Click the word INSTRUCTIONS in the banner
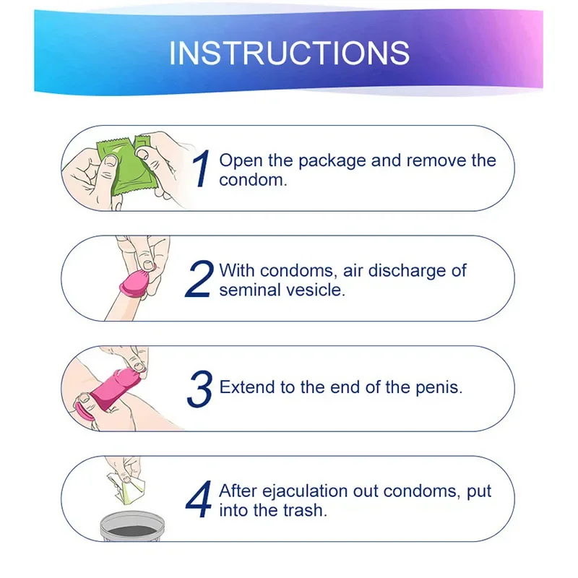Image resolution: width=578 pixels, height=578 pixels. click(290, 53)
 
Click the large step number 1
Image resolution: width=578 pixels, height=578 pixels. click(202, 168)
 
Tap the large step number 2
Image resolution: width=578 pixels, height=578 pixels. click(199, 279)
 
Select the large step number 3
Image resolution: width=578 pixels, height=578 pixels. click(200, 389)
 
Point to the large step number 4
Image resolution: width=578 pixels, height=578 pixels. click(198, 499)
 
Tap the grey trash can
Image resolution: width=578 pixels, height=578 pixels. click(133, 526)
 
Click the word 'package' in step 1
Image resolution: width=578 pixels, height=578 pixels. click(332, 161)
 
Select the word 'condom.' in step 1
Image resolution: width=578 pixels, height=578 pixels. click(253, 180)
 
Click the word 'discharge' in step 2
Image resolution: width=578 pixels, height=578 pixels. click(407, 271)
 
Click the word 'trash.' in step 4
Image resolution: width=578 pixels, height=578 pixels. click(305, 511)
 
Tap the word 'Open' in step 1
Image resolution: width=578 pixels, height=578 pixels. click(241, 161)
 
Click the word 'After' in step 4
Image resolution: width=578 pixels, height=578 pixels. click(238, 491)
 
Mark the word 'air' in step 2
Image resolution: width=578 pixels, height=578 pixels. click(353, 271)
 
